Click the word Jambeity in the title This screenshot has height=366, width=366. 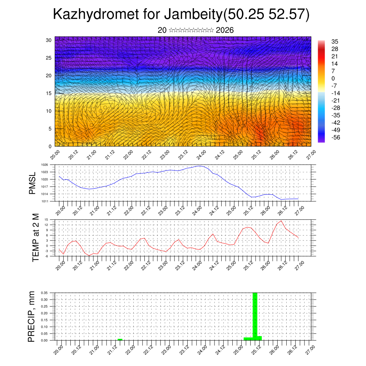[193, 14]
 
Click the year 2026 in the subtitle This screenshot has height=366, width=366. [225, 30]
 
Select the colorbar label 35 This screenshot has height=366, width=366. [335, 41]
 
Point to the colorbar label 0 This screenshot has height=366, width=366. [333, 78]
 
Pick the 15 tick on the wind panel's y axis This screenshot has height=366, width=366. [49, 93]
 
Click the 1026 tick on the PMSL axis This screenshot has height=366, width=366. [44, 165]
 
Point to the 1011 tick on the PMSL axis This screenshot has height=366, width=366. [44, 201]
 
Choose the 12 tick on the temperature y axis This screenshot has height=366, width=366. [46, 224]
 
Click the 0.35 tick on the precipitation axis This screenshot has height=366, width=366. [44, 293]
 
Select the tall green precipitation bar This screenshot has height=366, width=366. [255, 315]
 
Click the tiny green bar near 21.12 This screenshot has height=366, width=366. [120, 339]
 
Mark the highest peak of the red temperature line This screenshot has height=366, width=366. [281, 221]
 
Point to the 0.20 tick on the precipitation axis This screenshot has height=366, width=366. [44, 313]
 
